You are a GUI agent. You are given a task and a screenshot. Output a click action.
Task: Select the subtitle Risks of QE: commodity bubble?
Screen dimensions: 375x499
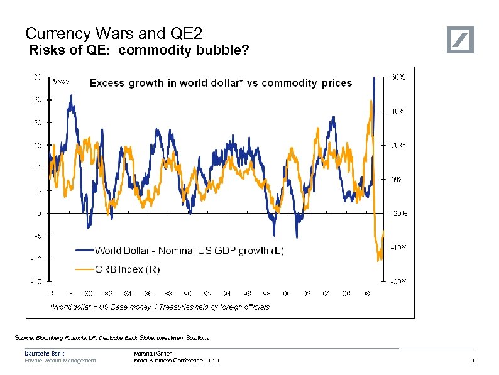click(140, 51)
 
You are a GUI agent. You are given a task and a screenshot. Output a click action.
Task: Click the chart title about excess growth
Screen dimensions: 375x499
click(221, 83)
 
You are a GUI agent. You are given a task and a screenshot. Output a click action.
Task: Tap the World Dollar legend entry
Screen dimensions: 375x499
click(189, 251)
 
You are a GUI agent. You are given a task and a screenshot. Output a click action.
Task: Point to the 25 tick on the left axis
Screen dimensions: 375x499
click(38, 99)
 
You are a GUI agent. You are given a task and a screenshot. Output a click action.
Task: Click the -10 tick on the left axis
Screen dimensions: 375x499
click(38, 259)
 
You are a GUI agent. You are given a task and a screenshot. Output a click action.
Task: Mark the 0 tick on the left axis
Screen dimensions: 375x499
click(40, 214)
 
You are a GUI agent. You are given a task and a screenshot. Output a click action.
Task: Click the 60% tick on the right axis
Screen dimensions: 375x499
click(398, 77)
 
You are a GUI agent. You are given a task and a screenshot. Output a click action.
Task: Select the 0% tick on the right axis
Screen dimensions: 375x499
click(397, 180)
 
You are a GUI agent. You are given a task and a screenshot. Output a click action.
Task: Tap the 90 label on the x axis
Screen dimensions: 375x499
click(187, 293)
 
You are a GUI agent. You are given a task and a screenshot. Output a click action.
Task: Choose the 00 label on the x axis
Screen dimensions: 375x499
click(287, 293)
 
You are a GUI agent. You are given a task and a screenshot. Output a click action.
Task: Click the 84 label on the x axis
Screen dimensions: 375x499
click(128, 293)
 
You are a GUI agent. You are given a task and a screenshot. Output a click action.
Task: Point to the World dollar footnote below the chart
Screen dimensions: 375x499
click(160, 307)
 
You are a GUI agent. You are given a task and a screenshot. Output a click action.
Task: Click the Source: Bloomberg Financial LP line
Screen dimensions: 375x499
click(112, 338)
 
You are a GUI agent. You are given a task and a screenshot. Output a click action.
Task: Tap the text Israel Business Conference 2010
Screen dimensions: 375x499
click(177, 361)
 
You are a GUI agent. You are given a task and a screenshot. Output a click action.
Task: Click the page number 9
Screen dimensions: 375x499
click(472, 361)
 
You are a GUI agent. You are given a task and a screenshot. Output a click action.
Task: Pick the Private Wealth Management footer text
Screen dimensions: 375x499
click(60, 361)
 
